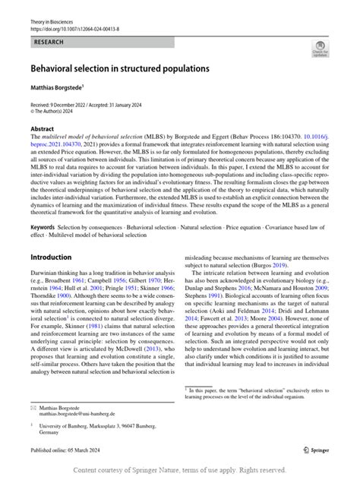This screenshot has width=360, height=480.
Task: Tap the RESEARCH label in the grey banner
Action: (x=48, y=43)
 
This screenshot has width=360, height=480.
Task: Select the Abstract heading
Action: (x=42, y=129)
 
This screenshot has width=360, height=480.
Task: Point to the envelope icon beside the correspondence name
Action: (x=33, y=408)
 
